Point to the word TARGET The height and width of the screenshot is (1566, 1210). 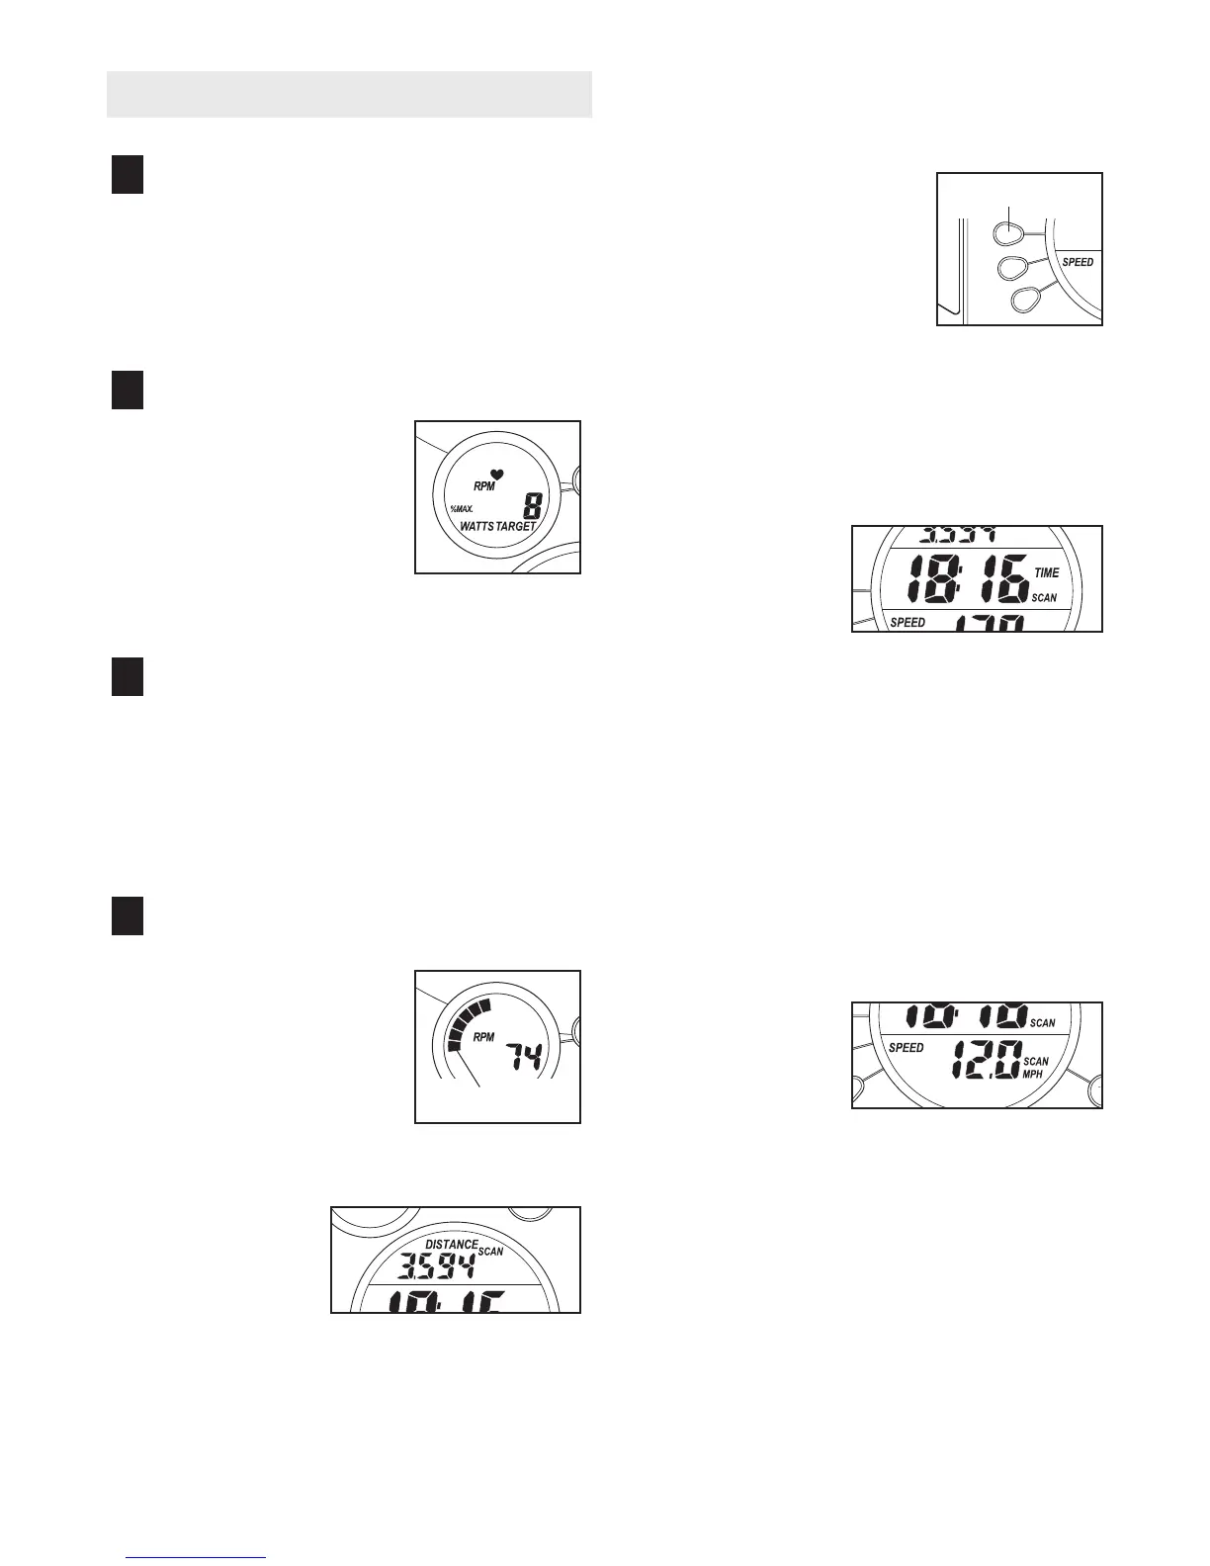(515, 527)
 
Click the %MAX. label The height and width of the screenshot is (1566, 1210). (462, 508)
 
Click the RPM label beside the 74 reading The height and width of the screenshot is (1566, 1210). (483, 1037)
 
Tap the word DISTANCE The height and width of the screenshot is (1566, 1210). (452, 1245)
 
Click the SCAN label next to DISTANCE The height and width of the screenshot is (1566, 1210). (490, 1252)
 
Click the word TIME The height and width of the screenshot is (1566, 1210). (1046, 572)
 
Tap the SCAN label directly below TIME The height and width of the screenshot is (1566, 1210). (1044, 598)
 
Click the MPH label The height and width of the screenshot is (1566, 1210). (1032, 1074)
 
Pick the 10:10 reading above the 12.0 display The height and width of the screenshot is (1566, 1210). (966, 1017)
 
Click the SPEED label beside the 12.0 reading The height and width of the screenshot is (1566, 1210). (906, 1047)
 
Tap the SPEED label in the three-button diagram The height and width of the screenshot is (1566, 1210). (1078, 262)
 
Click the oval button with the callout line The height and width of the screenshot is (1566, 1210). (1007, 233)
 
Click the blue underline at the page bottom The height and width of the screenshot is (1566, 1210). (197, 1558)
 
